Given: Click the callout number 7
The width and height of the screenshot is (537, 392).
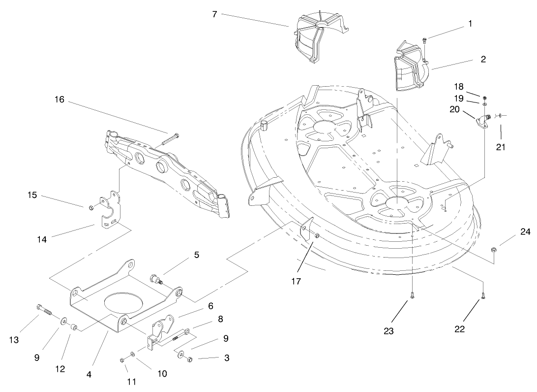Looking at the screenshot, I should click(x=214, y=14).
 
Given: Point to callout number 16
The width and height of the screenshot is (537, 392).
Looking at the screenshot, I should click(x=60, y=100).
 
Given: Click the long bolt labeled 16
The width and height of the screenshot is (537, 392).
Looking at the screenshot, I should click(x=170, y=138).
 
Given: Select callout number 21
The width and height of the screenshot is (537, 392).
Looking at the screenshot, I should click(x=501, y=147).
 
